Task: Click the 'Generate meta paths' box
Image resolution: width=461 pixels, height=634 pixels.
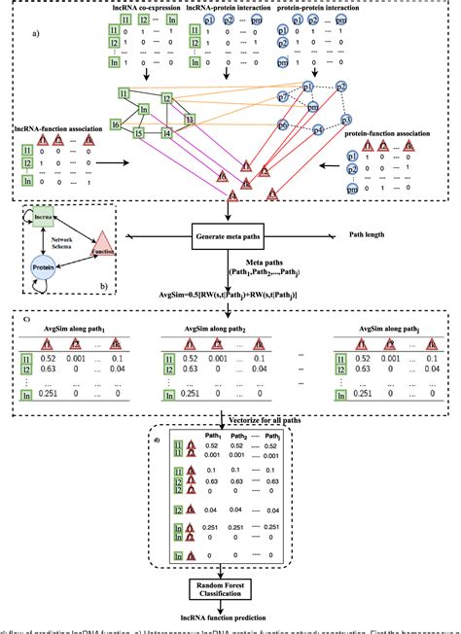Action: (x=230, y=235)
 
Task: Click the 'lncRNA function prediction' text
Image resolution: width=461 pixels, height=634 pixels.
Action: (x=230, y=619)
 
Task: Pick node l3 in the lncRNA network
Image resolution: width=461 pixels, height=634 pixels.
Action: (x=190, y=119)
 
